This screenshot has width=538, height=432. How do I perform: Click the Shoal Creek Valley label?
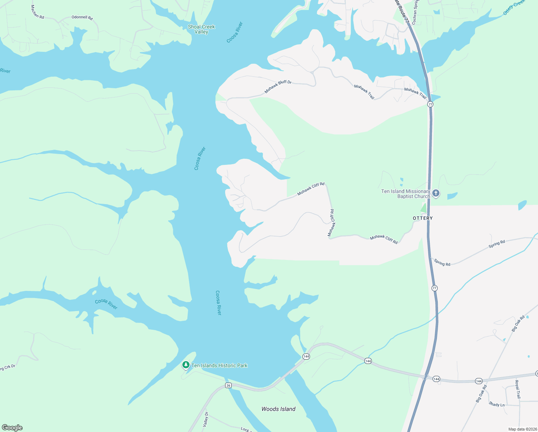(201, 29)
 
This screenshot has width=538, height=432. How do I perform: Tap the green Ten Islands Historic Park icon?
(186, 365)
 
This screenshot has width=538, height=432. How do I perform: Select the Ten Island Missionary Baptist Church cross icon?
(436, 194)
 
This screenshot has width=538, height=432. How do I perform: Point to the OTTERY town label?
(423, 218)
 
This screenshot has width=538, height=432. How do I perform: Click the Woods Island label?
(278, 409)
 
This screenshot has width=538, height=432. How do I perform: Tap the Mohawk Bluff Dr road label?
(278, 87)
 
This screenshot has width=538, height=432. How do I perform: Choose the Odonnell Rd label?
(82, 18)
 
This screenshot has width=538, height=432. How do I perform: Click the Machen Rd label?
(37, 12)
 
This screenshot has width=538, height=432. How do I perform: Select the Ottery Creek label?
(514, 8)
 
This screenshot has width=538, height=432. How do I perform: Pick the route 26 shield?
(228, 386)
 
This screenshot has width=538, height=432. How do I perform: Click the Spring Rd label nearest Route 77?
(442, 263)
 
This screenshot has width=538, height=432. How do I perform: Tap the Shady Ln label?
(497, 404)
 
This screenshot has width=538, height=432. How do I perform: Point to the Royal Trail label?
(518, 389)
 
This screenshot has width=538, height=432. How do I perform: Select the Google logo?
(12, 428)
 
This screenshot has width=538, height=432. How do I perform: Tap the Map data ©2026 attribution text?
(522, 429)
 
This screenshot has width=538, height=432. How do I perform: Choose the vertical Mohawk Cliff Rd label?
(331, 222)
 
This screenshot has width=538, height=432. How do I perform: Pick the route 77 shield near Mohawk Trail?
(430, 104)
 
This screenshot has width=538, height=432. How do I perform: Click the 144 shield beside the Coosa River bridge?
(306, 356)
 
